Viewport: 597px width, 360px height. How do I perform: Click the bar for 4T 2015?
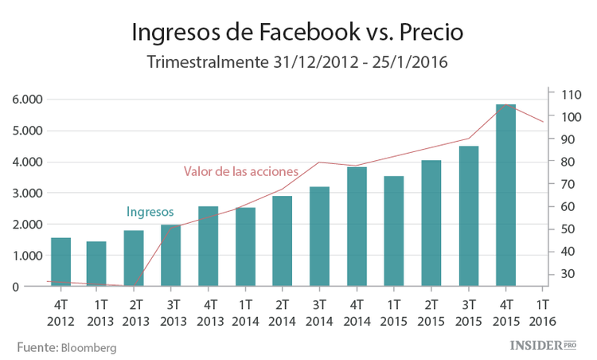pos(505,195)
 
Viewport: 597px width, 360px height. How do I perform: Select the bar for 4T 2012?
pos(60,262)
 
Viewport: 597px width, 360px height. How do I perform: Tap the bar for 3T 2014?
pos(319,237)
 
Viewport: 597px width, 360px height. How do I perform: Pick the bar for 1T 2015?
pos(394,231)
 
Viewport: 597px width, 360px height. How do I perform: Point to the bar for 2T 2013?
pos(134,259)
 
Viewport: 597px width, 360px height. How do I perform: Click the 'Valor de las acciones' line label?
pos(241,171)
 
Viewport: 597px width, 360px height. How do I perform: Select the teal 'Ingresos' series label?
pos(150,212)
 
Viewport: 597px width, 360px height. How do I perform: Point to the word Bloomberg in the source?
pos(88,348)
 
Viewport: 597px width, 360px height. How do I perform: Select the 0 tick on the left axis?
pos(38,287)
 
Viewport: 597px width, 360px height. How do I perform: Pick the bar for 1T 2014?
pos(245,247)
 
